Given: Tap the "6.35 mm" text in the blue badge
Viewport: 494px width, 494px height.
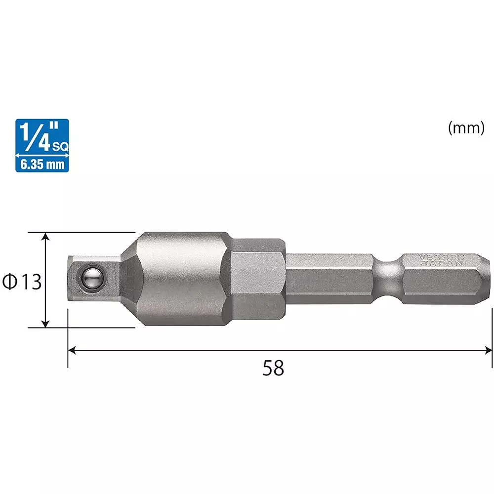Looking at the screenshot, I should pyautogui.click(x=42, y=164).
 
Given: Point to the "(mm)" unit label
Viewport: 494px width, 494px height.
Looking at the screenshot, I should pyautogui.click(x=465, y=128).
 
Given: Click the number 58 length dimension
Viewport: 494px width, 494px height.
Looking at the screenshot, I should pyautogui.click(x=273, y=368).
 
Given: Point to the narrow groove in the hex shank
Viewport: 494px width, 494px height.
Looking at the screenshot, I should pyautogui.click(x=388, y=279).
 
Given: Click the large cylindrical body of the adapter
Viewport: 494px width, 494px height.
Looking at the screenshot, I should pyautogui.click(x=183, y=279).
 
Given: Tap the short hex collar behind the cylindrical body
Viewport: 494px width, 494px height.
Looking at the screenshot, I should pyautogui.click(x=258, y=279).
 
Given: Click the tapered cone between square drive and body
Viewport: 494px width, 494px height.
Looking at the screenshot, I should pyautogui.click(x=129, y=279).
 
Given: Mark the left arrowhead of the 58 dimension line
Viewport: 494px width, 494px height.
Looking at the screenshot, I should pyautogui.click(x=71, y=350).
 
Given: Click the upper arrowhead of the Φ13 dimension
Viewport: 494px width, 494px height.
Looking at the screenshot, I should pyautogui.click(x=45, y=236).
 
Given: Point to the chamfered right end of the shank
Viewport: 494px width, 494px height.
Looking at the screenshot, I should pyautogui.click(x=487, y=279).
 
